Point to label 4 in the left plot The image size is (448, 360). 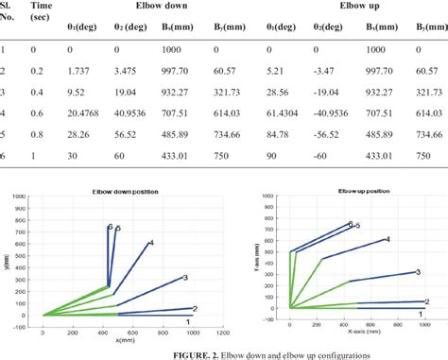pos(151,244)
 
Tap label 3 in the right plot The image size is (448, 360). pos(417,272)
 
